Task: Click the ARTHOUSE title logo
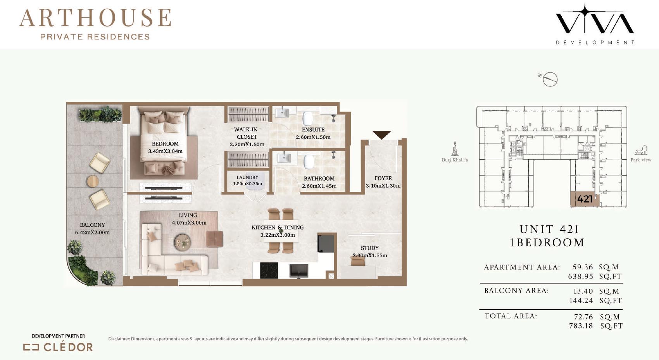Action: [x=95, y=24]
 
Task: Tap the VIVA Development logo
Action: [x=595, y=24]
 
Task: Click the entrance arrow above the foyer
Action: [x=381, y=135]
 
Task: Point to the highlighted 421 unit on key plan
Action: [x=585, y=199]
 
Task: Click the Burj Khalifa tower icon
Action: [x=455, y=148]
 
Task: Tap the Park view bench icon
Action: [x=641, y=150]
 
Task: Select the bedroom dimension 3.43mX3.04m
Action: [x=166, y=151]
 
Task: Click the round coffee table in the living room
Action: [x=183, y=242]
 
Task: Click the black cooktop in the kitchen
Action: [x=269, y=270]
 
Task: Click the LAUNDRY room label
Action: [x=247, y=177]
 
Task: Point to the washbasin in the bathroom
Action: [x=284, y=158]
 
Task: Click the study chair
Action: [x=357, y=260]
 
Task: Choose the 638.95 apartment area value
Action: [x=580, y=276]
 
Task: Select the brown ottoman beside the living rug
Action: [x=214, y=239]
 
